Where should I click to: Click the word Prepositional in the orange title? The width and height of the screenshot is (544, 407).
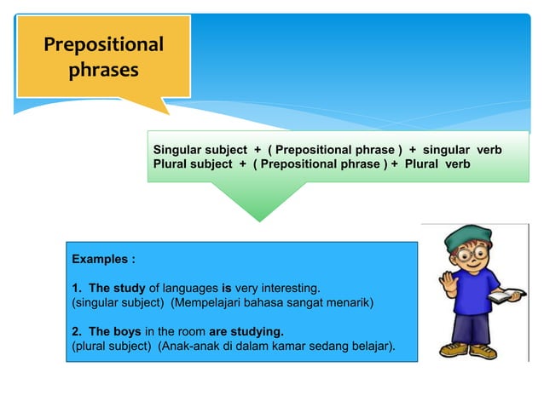pos(104,44)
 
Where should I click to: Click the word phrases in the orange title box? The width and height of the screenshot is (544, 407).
pos(103,70)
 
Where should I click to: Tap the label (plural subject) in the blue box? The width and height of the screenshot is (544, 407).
pos(109,345)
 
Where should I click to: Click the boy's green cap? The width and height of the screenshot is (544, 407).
pos(467,235)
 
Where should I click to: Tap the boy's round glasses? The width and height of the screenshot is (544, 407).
pos(471,255)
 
